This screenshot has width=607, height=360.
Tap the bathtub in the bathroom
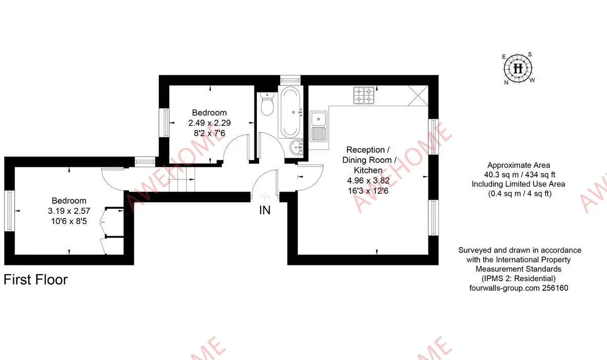pos(290,112)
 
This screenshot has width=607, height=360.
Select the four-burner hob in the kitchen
pos(364,96)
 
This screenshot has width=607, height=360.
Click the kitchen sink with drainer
pos(318,126)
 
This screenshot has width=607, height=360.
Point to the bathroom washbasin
pos(296,147)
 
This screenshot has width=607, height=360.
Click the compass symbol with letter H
pos(517,68)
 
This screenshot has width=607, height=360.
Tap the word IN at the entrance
pos(265,210)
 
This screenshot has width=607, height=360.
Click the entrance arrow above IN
pos(265,197)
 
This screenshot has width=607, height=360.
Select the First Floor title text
pos(35,280)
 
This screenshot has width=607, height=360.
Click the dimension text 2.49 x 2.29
pos(209,123)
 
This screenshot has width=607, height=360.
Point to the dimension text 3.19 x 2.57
pos(69,211)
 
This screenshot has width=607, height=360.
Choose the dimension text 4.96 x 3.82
pos(368,181)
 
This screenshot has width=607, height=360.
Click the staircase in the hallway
pos(182,179)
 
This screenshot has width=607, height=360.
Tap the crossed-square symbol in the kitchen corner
pos(418,96)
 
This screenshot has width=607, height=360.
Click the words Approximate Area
pos(518,165)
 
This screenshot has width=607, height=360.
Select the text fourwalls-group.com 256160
pos(518,288)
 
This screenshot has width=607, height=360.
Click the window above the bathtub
pos(290,80)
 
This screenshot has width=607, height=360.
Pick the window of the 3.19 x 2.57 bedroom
pos(10,211)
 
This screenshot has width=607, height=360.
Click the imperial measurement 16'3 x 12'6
pos(368,191)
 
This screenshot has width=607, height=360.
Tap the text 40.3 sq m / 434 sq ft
pos(518,175)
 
